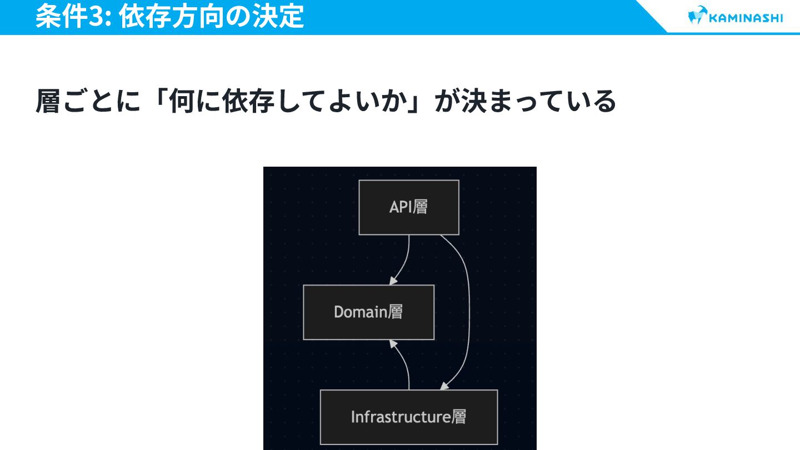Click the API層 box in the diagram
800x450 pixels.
(408, 207)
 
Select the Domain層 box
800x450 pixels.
(368, 312)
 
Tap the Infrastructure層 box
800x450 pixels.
(408, 417)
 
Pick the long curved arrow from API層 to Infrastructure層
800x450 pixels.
(468, 311)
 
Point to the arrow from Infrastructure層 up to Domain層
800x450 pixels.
(406, 367)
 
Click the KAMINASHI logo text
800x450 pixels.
(746, 17)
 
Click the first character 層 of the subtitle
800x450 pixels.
(48, 101)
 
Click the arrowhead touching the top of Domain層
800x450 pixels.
(393, 281)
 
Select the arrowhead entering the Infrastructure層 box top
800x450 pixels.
(444, 386)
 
